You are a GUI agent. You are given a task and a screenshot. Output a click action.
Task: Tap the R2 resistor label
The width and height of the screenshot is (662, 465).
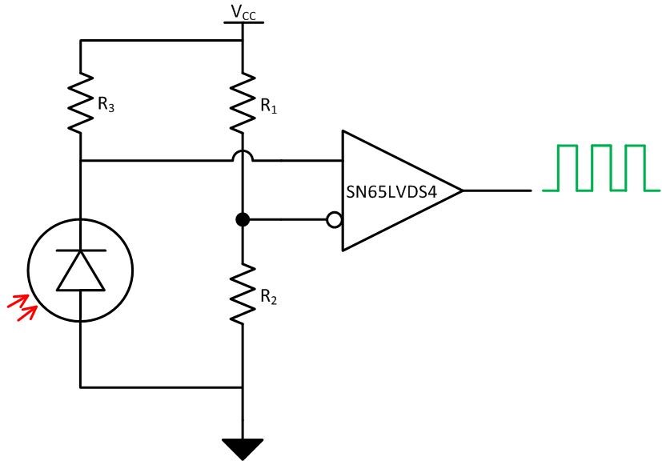coord(267,297)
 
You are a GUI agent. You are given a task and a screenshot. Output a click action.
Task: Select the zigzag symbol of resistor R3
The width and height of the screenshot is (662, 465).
coord(81,102)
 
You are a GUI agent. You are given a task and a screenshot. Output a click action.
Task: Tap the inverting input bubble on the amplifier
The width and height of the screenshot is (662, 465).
coord(335,219)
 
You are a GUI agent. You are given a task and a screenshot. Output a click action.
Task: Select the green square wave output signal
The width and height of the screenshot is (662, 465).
coord(600,168)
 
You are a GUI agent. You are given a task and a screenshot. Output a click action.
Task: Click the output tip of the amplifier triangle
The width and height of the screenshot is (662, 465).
coord(462,190)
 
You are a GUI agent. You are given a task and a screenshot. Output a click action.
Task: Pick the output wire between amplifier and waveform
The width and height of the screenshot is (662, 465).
coord(496,190)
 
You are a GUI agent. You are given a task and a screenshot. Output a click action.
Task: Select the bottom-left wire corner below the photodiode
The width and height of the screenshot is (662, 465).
coord(81,387)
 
